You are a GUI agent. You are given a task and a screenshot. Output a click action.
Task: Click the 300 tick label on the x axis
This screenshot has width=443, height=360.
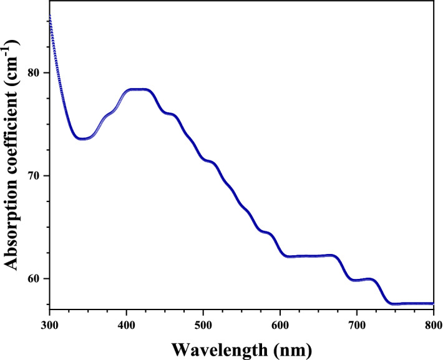click(49, 324)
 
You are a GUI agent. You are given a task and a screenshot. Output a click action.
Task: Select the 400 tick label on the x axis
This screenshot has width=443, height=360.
click(126, 324)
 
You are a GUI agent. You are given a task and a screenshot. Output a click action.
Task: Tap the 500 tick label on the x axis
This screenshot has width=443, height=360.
click(203, 324)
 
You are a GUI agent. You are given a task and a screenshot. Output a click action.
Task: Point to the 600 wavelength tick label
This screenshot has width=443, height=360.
click(280, 324)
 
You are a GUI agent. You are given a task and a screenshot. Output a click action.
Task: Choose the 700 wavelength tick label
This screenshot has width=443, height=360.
click(356, 324)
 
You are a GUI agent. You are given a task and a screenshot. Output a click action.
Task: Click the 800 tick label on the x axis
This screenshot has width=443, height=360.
click(432, 324)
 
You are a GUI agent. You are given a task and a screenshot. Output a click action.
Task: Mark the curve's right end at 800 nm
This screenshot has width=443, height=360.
click(432, 303)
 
